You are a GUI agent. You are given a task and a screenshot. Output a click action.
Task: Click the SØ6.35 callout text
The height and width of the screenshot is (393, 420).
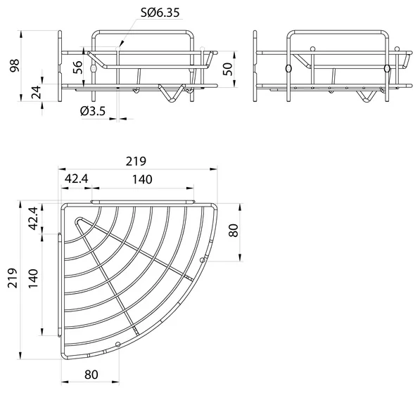click(160, 13)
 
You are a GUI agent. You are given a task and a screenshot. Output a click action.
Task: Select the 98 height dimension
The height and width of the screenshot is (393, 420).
click(15, 66)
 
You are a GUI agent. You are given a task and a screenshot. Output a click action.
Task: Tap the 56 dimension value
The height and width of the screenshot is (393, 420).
click(77, 67)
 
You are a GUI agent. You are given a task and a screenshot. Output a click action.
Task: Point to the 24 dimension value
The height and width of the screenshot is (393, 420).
click(37, 92)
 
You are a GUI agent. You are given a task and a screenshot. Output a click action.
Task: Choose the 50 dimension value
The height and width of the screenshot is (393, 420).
click(228, 70)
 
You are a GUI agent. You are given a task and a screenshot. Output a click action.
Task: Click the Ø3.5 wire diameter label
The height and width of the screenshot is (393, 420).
click(93, 111)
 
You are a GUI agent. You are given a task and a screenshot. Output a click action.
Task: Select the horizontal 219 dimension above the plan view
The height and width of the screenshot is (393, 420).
click(136, 161)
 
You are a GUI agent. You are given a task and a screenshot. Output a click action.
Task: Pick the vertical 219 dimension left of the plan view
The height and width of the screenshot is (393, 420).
click(13, 278)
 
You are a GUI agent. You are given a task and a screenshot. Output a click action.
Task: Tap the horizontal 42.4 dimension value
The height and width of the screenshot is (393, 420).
click(77, 179)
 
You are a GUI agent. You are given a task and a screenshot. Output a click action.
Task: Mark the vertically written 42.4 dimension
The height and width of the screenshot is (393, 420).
click(33, 218)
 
